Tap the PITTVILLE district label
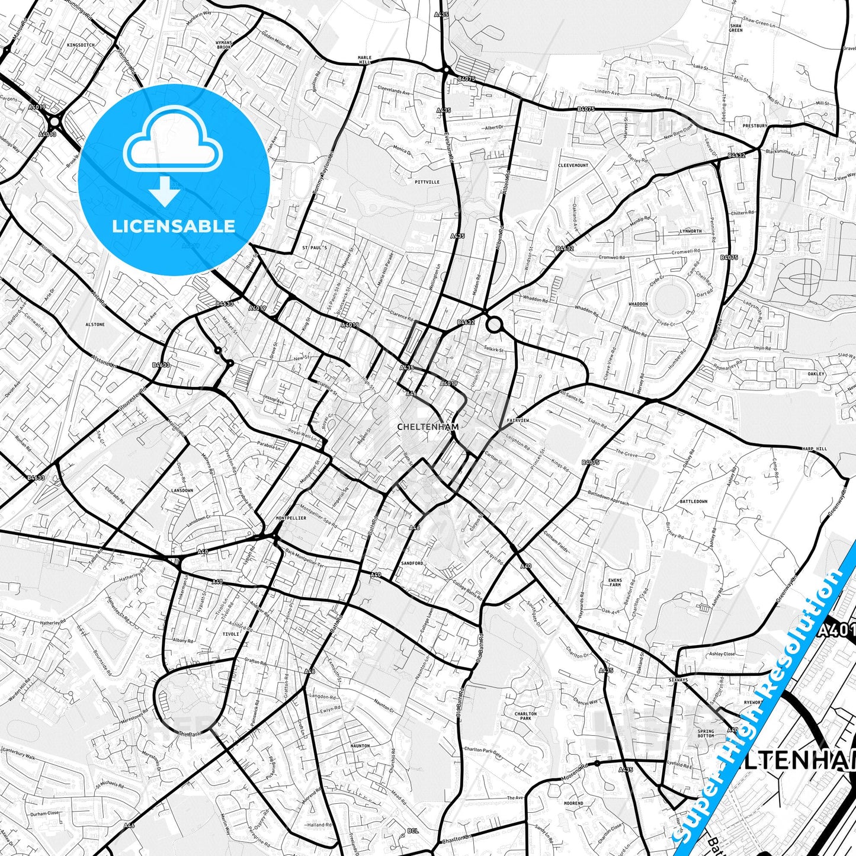[x=427, y=182]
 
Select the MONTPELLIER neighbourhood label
[x=291, y=518]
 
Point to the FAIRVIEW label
[x=518, y=420]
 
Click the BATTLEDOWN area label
[x=693, y=501]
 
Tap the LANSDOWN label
[x=182, y=490]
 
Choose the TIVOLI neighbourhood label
[x=230, y=634]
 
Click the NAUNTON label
[x=360, y=746]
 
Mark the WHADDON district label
[x=638, y=304]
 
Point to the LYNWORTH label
[x=691, y=231]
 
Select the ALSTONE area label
[x=95, y=325]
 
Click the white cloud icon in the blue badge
[x=173, y=146]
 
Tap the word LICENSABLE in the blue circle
[x=174, y=226]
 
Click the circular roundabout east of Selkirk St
[x=494, y=325]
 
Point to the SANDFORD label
[x=412, y=563]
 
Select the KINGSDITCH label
[x=81, y=45]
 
